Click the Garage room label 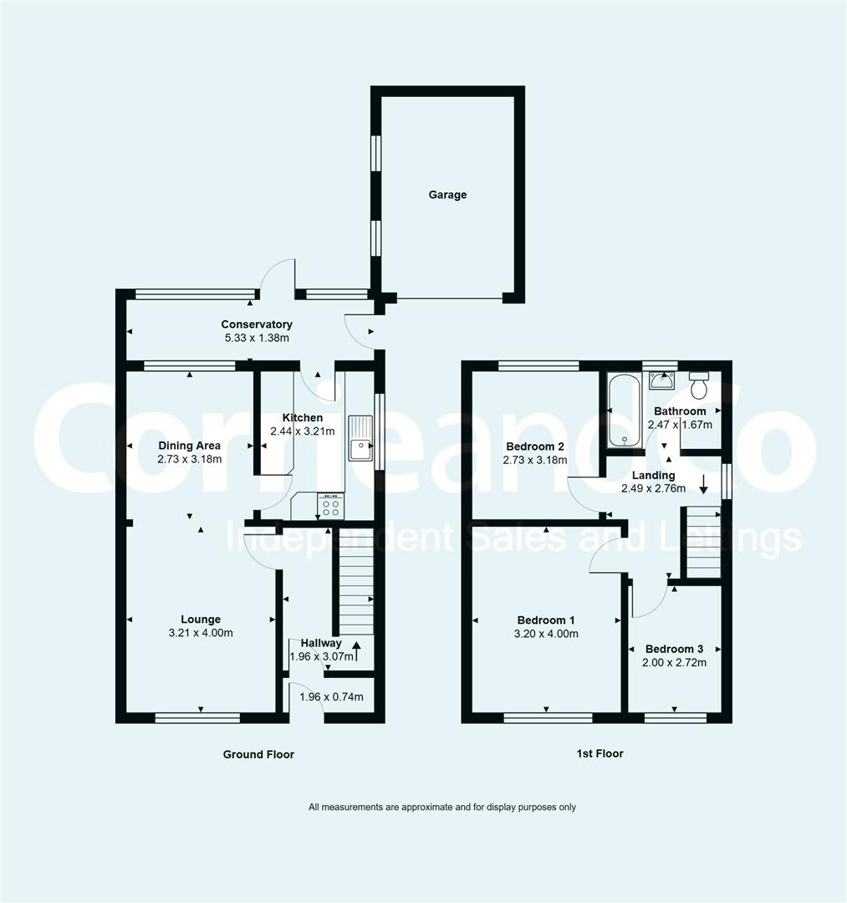pos(447,195)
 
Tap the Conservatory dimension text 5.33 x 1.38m pos(257,339)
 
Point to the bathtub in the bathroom pos(622,411)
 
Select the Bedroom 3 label pos(674,649)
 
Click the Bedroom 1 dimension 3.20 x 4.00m pos(546,634)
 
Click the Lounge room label pos(201,620)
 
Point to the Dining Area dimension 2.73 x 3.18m pos(190,459)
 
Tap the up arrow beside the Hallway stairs pos(357,645)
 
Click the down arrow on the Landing pos(704,483)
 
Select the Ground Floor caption pos(258,754)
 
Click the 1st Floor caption pos(600,753)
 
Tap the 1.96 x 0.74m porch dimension pos(331,696)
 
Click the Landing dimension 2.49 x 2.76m pos(653,489)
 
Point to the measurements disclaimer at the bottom pos(442,807)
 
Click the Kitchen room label pos(302,418)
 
